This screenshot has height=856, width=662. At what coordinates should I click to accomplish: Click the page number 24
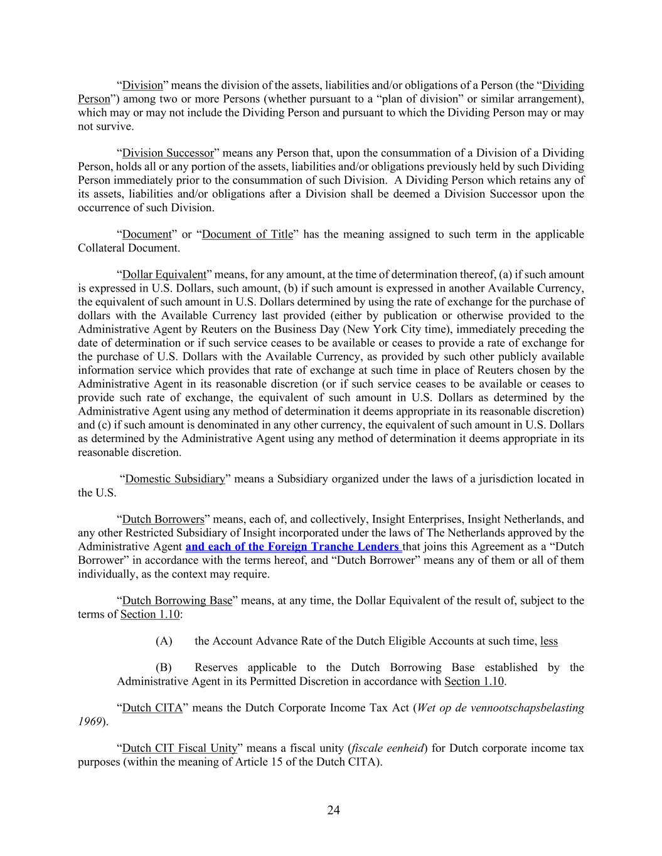(x=333, y=810)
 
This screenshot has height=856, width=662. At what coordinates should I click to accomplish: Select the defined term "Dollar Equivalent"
(x=164, y=274)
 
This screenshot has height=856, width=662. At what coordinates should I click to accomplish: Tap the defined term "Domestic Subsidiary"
(x=175, y=478)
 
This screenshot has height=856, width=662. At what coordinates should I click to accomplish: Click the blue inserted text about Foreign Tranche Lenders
(x=294, y=546)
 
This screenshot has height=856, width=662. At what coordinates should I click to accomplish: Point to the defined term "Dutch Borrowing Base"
(x=177, y=600)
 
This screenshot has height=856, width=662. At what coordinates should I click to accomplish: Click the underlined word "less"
(x=548, y=641)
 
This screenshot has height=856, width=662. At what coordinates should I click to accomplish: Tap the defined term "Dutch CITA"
(x=152, y=708)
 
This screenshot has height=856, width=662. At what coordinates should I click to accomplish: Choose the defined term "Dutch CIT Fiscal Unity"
(x=179, y=748)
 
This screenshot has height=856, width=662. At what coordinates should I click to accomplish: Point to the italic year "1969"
(x=90, y=722)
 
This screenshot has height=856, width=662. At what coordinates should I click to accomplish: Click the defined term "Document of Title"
(x=248, y=234)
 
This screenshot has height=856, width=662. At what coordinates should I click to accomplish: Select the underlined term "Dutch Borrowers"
(x=163, y=519)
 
